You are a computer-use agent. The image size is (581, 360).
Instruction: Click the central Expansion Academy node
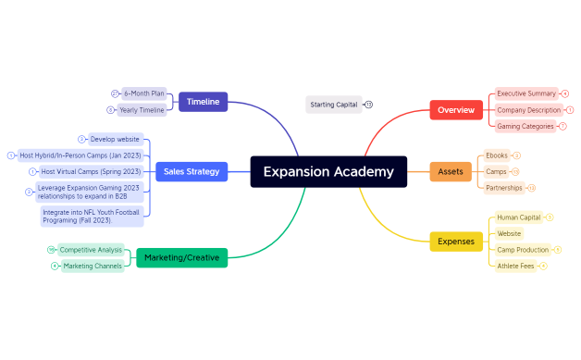click(328, 171)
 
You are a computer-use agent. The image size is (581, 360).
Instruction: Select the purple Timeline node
click(203, 102)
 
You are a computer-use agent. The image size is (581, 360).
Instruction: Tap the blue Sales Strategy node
click(192, 171)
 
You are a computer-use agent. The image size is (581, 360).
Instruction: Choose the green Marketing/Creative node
click(181, 257)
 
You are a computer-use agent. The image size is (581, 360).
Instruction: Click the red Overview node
click(456, 109)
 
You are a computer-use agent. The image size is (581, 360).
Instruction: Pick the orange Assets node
click(451, 171)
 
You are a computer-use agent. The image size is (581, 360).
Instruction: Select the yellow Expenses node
click(456, 242)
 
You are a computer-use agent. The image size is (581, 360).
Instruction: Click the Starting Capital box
click(333, 105)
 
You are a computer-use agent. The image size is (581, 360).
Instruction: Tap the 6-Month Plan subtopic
click(143, 93)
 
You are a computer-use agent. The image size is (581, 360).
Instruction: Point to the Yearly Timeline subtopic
click(142, 110)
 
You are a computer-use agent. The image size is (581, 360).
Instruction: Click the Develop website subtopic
click(115, 139)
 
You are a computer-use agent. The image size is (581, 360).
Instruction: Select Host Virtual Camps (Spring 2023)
click(91, 171)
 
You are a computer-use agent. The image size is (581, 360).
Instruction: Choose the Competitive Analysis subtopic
click(91, 249)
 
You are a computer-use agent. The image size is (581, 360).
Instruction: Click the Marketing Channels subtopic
click(93, 266)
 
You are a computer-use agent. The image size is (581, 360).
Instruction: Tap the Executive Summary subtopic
click(525, 93)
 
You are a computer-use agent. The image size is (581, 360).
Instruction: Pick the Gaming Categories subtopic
click(525, 126)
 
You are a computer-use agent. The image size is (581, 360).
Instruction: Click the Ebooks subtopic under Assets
click(497, 155)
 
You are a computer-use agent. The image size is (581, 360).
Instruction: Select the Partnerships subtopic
click(503, 188)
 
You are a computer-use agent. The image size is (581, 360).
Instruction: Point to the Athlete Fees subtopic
click(515, 266)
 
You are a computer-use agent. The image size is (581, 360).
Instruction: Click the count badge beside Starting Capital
click(368, 105)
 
